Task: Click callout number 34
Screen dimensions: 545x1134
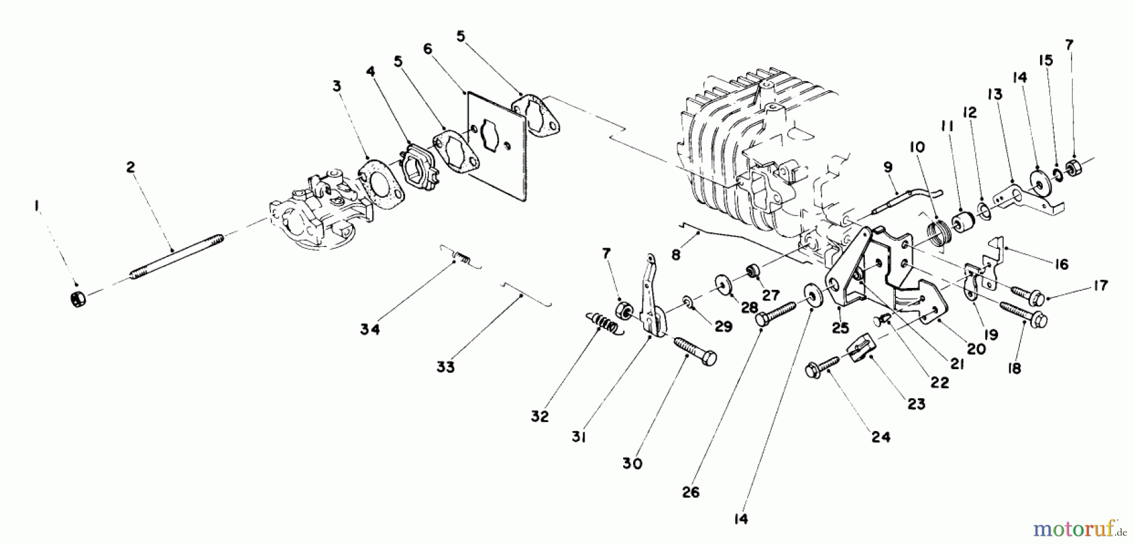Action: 370,330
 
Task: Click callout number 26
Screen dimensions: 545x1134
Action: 690,492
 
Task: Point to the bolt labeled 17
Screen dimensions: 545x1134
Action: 1028,294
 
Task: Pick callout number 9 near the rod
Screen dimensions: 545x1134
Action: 888,167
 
